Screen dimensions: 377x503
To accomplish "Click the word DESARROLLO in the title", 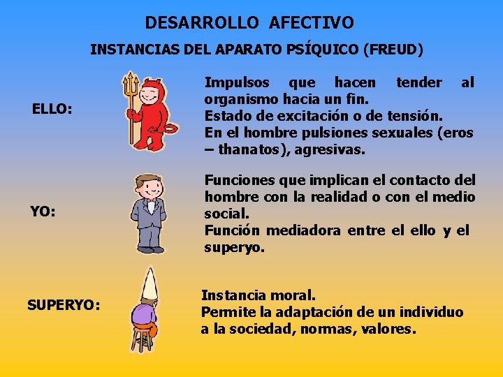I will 202,23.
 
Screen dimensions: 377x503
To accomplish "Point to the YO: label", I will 43,211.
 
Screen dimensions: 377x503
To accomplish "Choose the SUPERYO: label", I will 64,304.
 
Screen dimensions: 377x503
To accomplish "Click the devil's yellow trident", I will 129,105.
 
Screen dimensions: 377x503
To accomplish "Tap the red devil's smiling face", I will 150,94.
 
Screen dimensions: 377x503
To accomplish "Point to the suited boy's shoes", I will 150,249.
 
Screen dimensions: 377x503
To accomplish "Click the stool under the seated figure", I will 143,339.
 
